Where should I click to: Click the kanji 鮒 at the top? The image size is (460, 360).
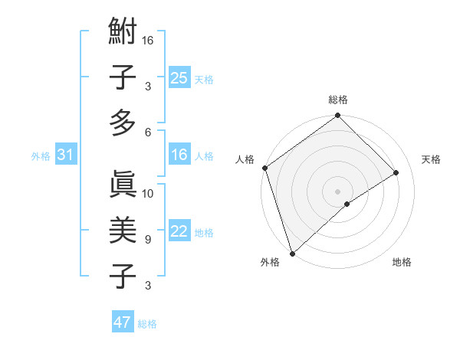click(123, 34)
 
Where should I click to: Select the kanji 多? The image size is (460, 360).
click(123, 122)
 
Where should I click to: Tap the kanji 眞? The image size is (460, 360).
click(123, 185)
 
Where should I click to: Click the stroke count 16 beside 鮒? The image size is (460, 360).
click(149, 40)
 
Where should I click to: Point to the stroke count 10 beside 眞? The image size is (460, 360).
click(149, 193)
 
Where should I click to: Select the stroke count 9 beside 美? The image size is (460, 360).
click(147, 240)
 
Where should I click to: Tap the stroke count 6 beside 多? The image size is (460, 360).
click(147, 132)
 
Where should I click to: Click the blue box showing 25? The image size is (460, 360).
click(179, 78)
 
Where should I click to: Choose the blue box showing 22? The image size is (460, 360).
click(179, 231)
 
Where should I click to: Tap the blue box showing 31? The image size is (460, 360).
click(65, 155)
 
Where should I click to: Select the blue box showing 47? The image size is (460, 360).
click(123, 322)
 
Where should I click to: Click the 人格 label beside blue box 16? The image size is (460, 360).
click(204, 156)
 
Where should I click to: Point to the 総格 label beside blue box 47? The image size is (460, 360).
click(147, 324)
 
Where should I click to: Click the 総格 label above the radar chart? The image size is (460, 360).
click(338, 100)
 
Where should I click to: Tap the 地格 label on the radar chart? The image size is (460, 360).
click(402, 263)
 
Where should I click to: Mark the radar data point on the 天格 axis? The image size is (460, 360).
click(396, 172)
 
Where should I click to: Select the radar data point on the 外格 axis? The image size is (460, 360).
click(291, 253)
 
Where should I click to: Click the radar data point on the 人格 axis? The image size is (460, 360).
click(264, 168)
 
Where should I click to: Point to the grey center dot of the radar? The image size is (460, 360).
click(337, 191)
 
